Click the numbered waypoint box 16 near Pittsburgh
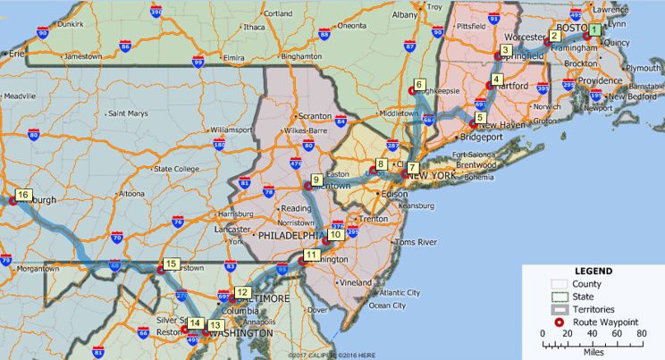[23, 195]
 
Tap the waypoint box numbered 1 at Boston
[594, 29]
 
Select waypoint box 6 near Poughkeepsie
[419, 84]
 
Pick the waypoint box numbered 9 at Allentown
[316, 180]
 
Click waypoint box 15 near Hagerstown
[170, 264]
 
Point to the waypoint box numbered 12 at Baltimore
[243, 292]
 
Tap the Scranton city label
[315, 116]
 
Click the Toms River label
[415, 242]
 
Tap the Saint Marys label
[127, 113]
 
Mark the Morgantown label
[37, 268]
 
